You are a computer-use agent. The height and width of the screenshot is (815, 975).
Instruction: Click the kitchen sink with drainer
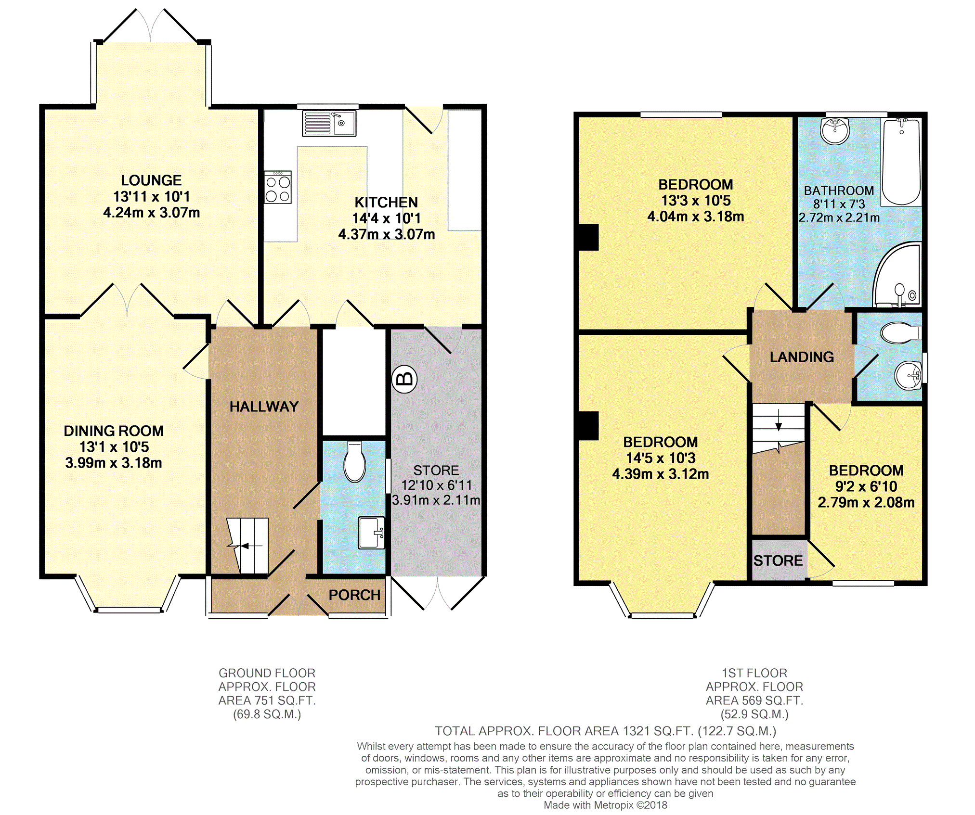[x=329, y=123]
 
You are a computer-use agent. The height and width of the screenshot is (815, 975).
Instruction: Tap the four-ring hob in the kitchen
[x=278, y=188]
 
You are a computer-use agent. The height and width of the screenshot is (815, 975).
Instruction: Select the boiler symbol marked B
[x=404, y=379]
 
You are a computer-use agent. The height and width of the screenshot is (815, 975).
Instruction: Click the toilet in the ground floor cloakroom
[x=355, y=463]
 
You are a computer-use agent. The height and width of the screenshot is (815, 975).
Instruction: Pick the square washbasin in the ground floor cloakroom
[x=371, y=533]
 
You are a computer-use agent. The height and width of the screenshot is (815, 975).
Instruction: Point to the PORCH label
[x=354, y=595]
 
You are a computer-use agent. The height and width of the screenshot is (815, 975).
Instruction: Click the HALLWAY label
[x=264, y=407]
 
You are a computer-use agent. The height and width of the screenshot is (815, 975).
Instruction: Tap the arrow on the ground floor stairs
[x=245, y=546]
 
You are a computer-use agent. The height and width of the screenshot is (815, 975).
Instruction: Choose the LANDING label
[x=802, y=357]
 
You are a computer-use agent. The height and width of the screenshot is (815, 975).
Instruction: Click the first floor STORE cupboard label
[x=778, y=560]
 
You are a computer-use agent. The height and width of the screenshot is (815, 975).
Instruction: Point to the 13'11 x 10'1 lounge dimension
[x=151, y=196]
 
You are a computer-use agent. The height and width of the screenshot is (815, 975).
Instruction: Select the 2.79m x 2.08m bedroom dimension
[x=866, y=503]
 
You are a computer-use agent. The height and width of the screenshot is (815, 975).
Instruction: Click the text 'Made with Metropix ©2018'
[x=605, y=805]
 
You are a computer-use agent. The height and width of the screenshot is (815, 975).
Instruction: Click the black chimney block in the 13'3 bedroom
[x=588, y=237]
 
